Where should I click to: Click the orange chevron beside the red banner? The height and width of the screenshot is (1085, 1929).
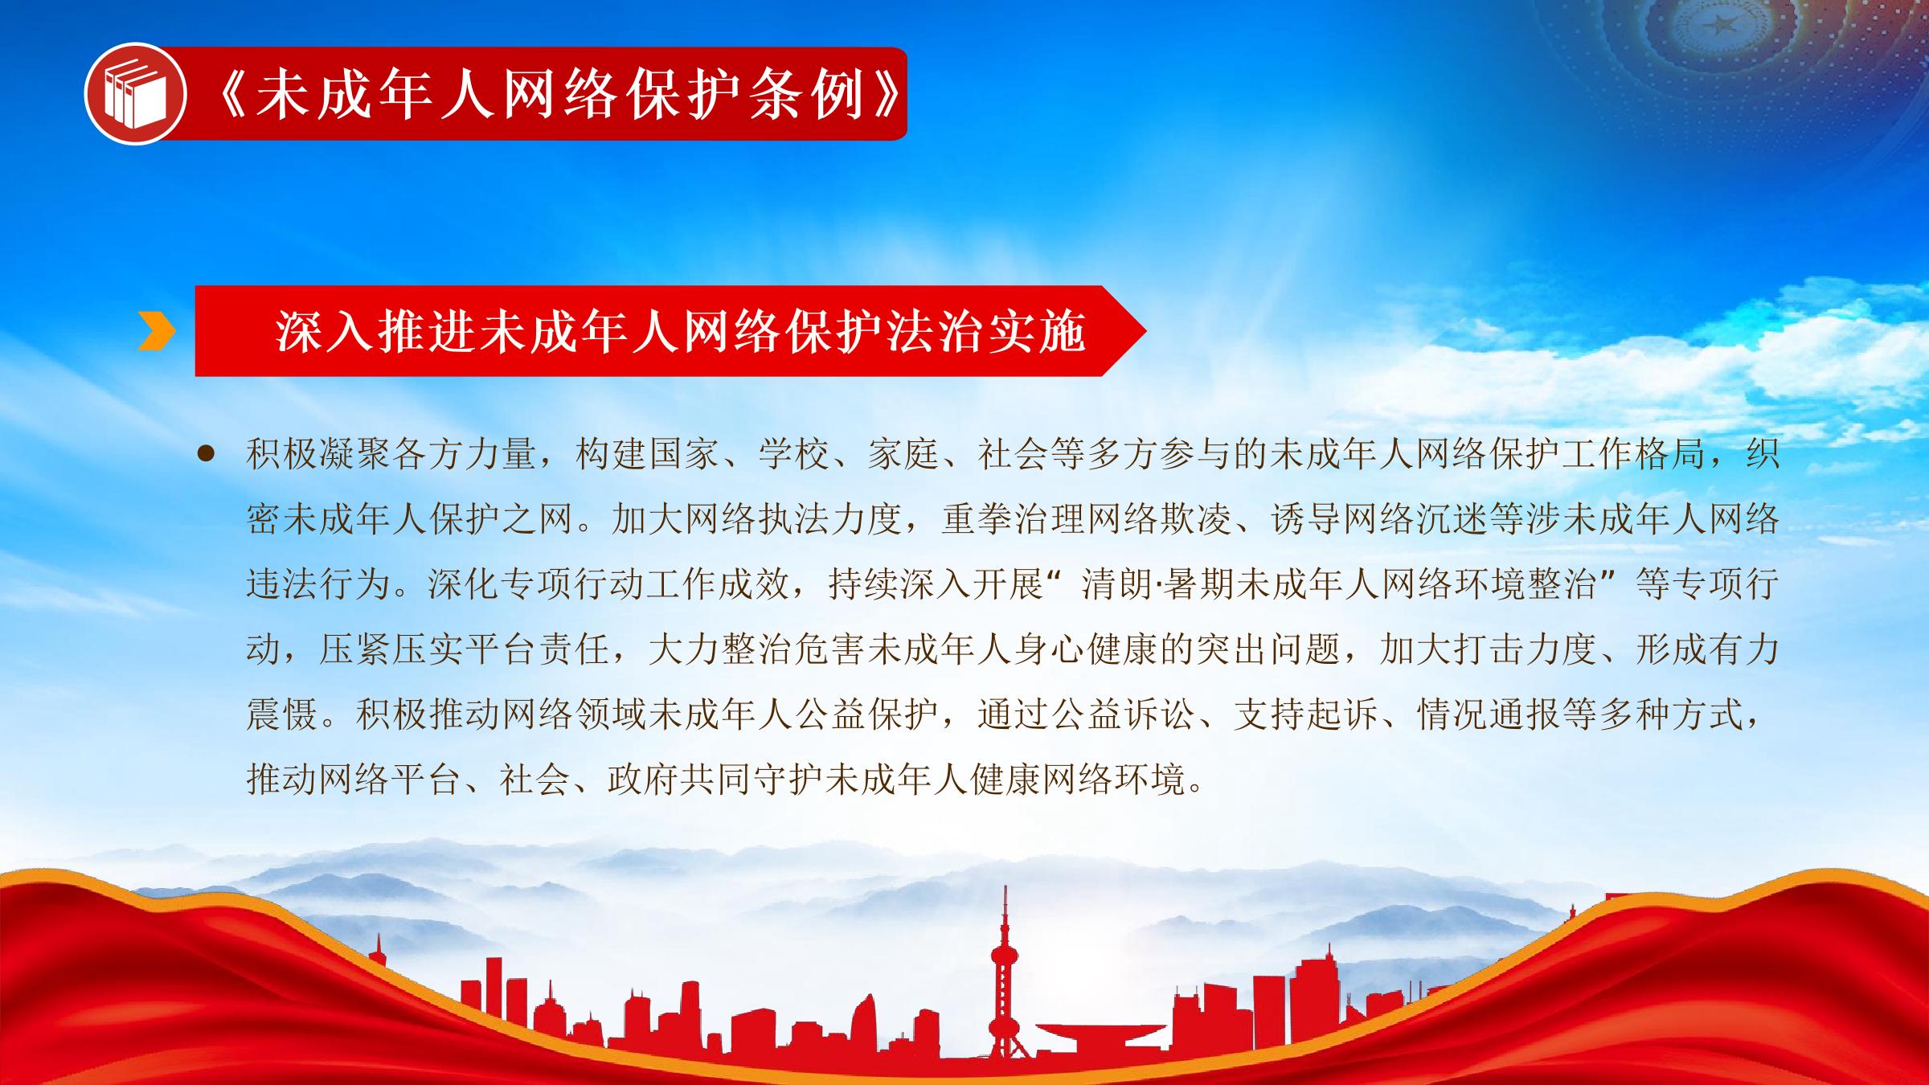coord(156,331)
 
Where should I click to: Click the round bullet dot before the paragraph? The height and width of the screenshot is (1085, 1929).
coord(207,455)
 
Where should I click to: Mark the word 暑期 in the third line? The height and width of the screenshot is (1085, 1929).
coord(1196,584)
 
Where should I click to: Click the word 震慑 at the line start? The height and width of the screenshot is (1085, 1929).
coord(282,714)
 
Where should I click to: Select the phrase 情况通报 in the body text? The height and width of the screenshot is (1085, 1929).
coord(1489,714)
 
